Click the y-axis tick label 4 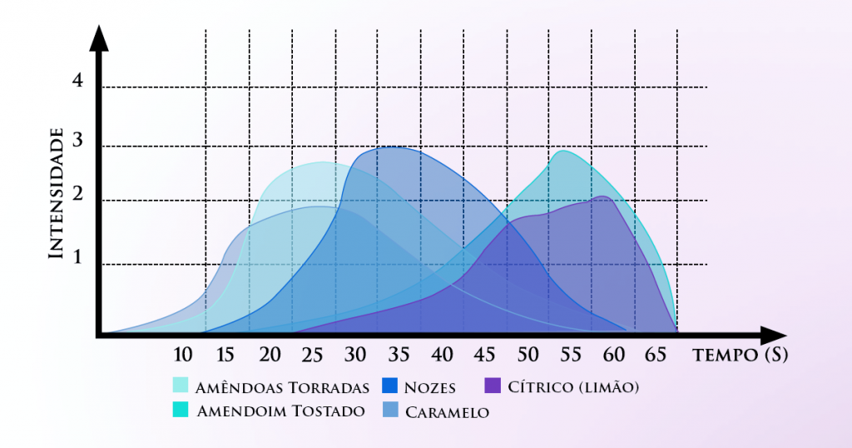(x=77, y=82)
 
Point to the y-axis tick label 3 (x=77, y=141)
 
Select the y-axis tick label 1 (x=78, y=258)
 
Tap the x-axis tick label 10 (x=183, y=355)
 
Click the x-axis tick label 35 (x=399, y=355)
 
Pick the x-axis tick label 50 (x=528, y=355)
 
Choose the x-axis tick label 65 (x=656, y=355)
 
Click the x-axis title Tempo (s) (x=740, y=355)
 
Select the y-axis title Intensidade (x=57, y=193)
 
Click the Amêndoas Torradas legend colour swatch (x=181, y=386)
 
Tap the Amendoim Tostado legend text (x=280, y=411)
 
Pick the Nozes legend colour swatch (x=389, y=386)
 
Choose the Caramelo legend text (x=447, y=411)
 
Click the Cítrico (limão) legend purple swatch (x=493, y=386)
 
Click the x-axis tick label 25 (x=312, y=355)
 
